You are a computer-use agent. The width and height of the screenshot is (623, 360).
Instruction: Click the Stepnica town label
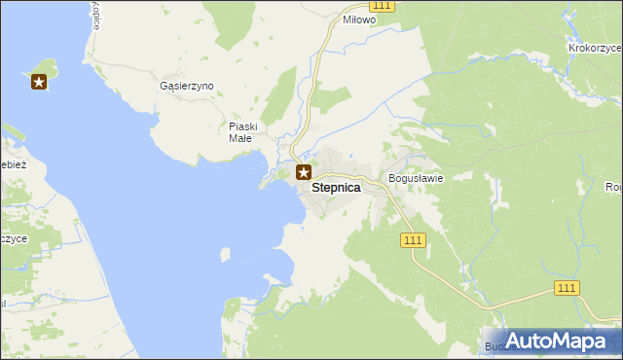[x=336, y=191]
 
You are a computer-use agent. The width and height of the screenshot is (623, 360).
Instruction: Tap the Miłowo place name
[x=358, y=18]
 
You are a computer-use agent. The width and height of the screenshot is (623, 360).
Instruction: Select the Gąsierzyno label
[x=186, y=86]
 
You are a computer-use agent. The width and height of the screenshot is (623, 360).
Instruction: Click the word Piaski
[x=242, y=126]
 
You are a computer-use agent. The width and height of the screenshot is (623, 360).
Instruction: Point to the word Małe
[x=240, y=138]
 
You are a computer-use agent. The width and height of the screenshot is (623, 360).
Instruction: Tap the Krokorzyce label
[x=594, y=47]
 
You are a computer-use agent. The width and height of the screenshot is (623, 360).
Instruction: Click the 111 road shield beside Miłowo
[x=384, y=6]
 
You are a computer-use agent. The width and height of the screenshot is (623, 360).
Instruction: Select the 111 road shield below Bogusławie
[x=414, y=239]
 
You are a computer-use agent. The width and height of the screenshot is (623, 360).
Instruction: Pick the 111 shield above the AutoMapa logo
[x=568, y=287]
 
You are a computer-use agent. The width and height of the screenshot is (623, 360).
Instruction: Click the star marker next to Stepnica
[x=304, y=173]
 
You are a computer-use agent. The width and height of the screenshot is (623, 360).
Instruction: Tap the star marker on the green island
[x=39, y=82]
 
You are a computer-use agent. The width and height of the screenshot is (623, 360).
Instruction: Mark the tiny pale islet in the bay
[x=226, y=254]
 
